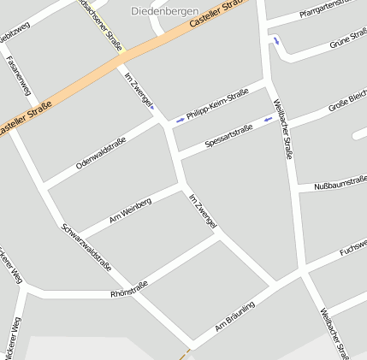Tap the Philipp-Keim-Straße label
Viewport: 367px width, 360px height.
point(216,107)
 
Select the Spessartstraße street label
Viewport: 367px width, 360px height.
point(228,136)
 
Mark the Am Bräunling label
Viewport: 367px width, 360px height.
point(235,316)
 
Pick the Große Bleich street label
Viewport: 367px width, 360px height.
point(346,109)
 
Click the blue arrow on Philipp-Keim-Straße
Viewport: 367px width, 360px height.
point(180,119)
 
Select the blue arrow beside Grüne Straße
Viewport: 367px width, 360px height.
point(275,39)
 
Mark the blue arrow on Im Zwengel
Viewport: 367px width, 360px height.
point(152,108)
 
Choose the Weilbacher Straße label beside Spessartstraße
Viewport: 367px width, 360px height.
point(283,129)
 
